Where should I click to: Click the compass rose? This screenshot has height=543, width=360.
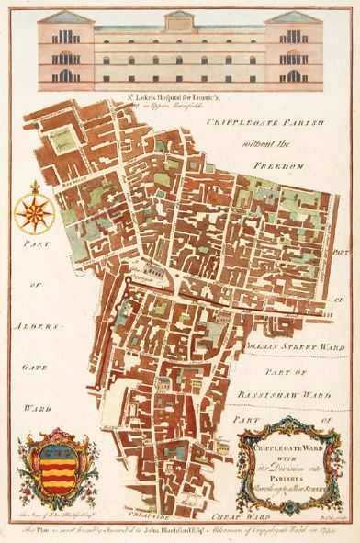[x=35, y=209]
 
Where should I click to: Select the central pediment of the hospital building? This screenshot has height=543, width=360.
[x=179, y=16]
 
